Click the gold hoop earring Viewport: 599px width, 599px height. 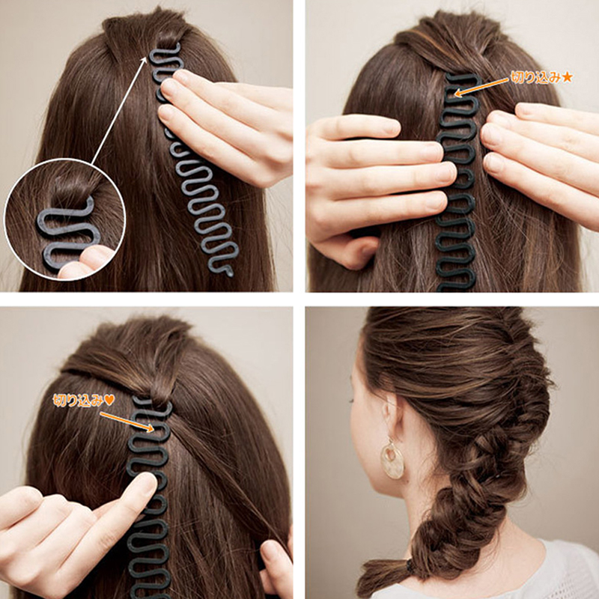pyautogui.click(x=392, y=460)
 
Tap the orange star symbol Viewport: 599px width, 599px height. pyautogui.click(x=567, y=78)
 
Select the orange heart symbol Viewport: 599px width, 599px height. pyautogui.click(x=109, y=400)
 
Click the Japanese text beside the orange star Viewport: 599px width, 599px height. pyautogui.click(x=536, y=78)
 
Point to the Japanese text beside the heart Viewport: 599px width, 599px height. pyautogui.click(x=79, y=401)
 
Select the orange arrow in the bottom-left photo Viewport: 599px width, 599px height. pyautogui.click(x=127, y=422)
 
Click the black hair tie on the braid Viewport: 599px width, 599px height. pyautogui.click(x=410, y=565)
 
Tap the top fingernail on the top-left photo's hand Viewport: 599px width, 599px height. pyautogui.click(x=168, y=87)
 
